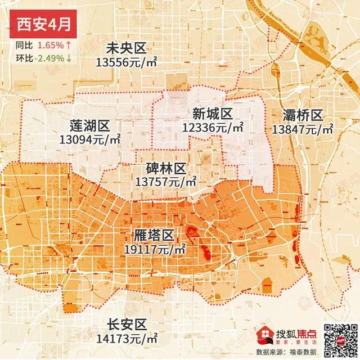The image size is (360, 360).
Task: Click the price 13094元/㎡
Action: point(92,138)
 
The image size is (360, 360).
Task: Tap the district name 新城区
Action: point(211,114)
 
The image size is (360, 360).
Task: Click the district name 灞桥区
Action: point(301,116)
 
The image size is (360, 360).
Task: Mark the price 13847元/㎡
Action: point(303,129)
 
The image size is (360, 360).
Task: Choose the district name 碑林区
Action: point(165,169)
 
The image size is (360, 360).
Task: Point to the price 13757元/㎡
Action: point(165,182)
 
